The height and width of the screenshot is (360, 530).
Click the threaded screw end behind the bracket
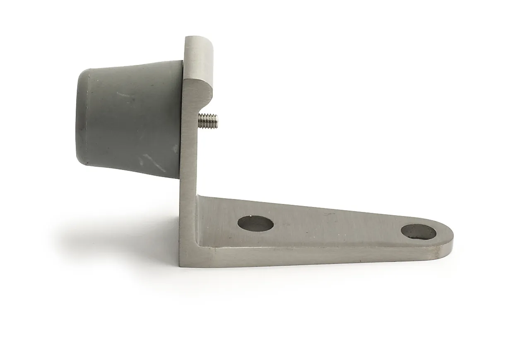[209, 120]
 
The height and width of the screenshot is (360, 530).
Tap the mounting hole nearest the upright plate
[255, 223]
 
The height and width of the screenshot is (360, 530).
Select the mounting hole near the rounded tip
[419, 232]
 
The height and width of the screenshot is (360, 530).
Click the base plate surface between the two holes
[335, 226]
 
